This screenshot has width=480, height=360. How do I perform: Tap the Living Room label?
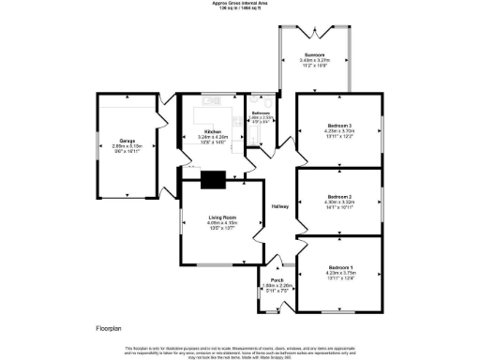tap(221, 217)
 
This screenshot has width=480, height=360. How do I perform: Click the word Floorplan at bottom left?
tap(108, 329)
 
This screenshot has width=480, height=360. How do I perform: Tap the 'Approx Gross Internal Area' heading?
tap(240, 4)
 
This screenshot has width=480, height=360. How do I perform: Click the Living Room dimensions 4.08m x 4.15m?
tap(221, 222)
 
